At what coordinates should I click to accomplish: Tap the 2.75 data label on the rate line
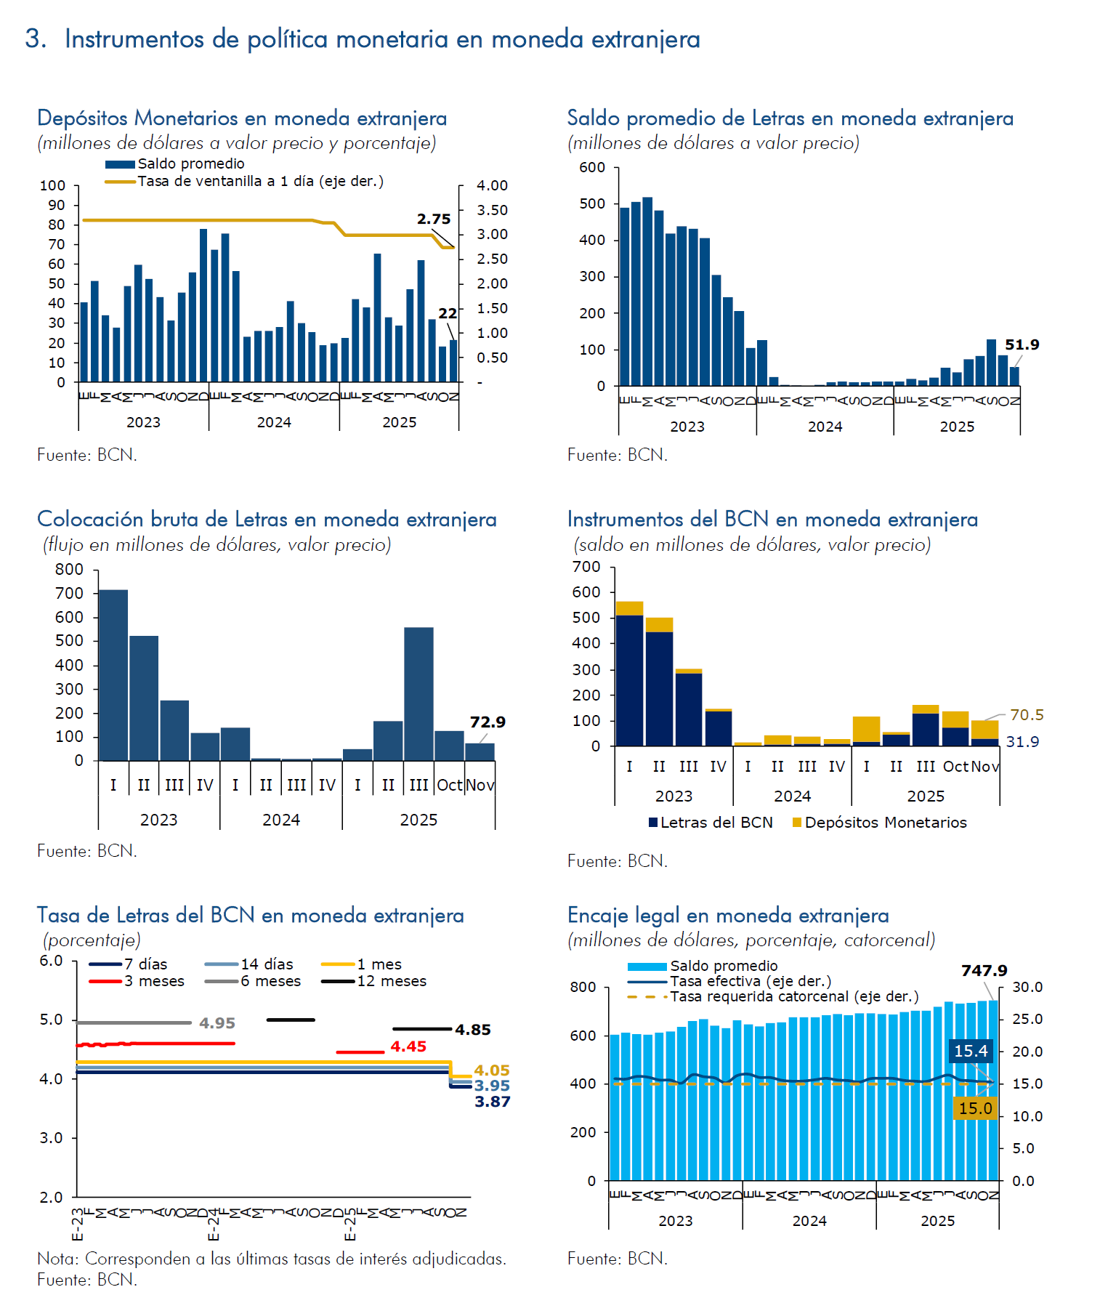click(x=434, y=219)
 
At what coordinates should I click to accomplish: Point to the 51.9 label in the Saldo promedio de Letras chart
click(x=1022, y=344)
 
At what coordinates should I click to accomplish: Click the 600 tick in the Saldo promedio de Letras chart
click(x=592, y=167)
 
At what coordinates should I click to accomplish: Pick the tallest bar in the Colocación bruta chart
click(x=113, y=674)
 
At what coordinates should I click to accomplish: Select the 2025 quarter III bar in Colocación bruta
click(x=418, y=693)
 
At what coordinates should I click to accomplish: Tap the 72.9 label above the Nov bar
click(x=488, y=722)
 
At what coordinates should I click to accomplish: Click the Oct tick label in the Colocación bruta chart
click(x=450, y=785)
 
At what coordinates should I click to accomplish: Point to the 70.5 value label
click(x=1027, y=714)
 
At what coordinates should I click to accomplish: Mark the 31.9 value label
click(x=1022, y=741)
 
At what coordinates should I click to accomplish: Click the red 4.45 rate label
click(x=408, y=1046)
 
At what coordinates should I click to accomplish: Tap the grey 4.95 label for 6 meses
click(x=217, y=1022)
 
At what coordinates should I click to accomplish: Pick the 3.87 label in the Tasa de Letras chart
click(x=493, y=1102)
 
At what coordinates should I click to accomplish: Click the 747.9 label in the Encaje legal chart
click(x=984, y=970)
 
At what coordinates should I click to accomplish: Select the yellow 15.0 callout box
click(x=975, y=1108)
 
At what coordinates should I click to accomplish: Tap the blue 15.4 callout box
click(x=971, y=1051)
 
